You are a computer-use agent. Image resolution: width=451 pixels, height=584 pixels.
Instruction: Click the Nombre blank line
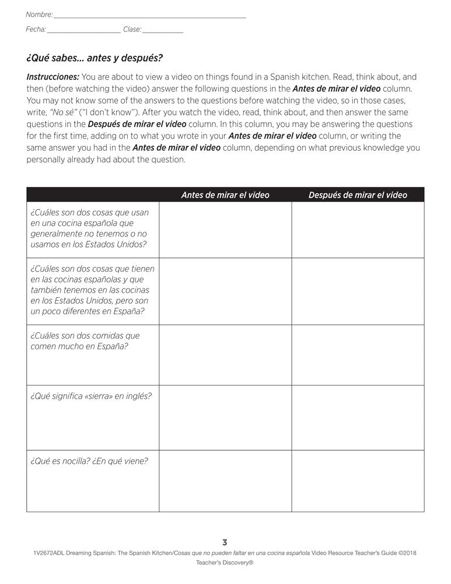(149, 16)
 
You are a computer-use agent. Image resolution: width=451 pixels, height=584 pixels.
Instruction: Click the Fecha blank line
(83, 31)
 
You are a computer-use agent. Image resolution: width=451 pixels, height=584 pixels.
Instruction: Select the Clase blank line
(163, 31)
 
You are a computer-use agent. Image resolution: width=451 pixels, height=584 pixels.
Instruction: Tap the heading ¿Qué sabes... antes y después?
(95, 58)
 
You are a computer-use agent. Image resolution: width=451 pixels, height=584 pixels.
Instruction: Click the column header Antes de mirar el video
(225, 195)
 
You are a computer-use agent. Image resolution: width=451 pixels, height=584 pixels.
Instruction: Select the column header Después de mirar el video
(358, 195)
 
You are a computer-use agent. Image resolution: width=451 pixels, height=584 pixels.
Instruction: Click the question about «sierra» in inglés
(91, 396)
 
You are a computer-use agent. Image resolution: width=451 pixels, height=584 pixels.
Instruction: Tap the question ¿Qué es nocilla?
(58, 461)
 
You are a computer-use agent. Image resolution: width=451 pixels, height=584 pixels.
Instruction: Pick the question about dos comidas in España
(85, 341)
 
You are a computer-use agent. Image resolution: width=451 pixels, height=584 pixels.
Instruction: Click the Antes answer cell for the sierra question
(225, 417)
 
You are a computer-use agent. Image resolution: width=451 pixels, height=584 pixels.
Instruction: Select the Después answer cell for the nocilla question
(358, 481)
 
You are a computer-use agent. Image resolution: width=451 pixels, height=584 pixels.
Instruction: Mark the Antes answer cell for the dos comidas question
(225, 354)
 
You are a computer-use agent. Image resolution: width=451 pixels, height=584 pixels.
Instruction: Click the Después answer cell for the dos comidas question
(358, 354)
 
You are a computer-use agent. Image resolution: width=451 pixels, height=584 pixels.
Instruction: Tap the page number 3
(225, 542)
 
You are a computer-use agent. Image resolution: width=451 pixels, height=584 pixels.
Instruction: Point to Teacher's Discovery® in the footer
(225, 563)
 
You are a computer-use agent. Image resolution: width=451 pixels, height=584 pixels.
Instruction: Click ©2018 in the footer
(407, 552)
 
